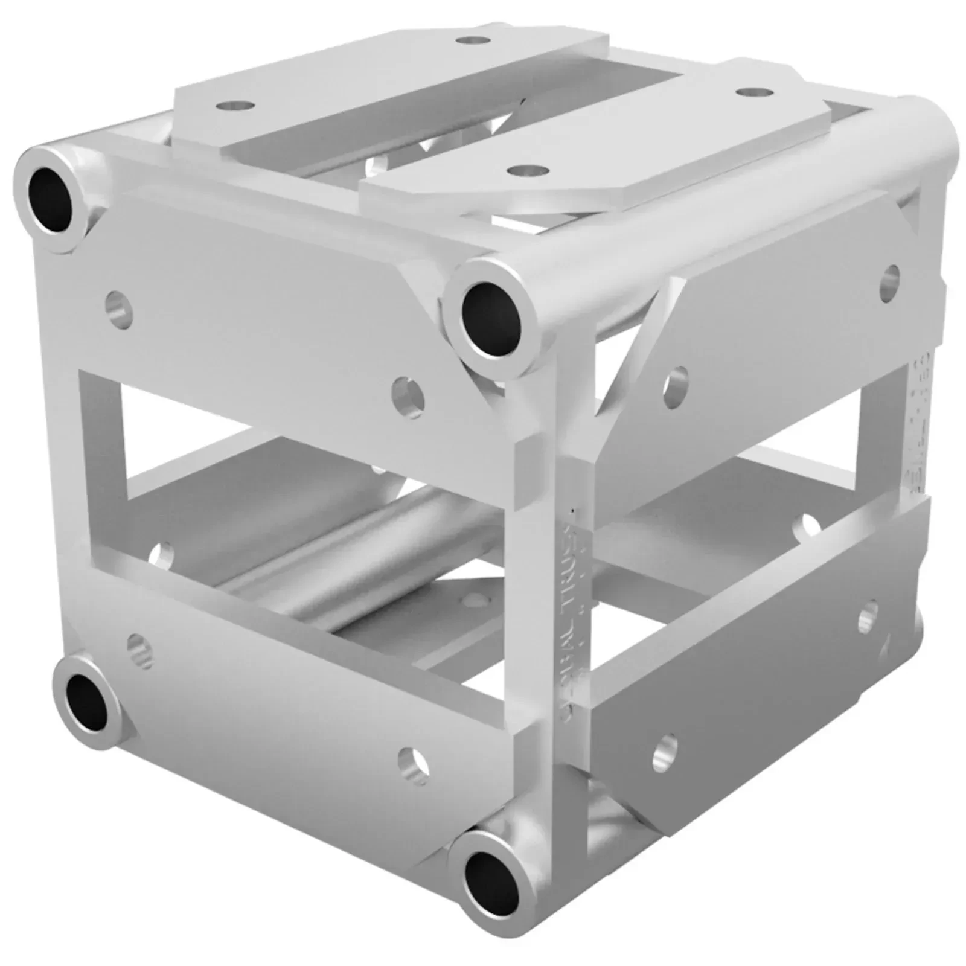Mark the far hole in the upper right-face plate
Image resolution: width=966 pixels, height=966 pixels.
pos(890,278)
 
